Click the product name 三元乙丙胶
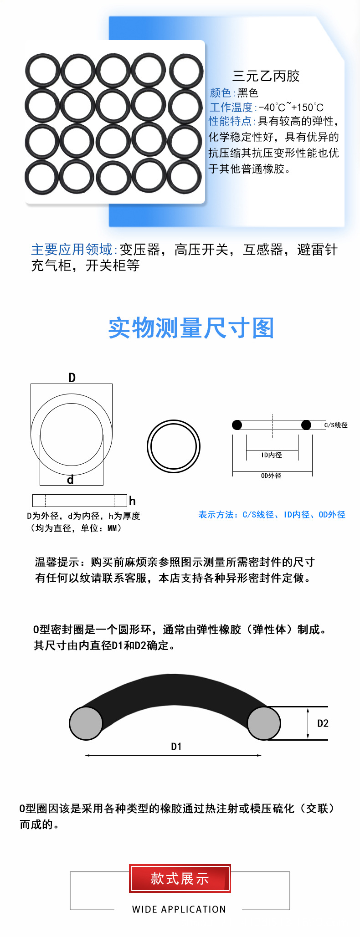click(266, 76)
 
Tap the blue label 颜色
click(221, 93)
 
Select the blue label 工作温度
click(231, 108)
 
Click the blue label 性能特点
click(230, 121)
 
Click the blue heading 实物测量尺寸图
click(191, 328)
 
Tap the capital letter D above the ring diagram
click(72, 378)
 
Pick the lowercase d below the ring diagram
click(70, 480)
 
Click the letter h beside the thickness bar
click(132, 501)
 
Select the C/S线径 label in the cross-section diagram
click(335, 425)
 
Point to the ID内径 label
click(272, 455)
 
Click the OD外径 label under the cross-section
click(271, 476)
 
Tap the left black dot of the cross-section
click(237, 425)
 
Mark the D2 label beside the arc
click(323, 723)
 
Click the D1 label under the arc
click(176, 747)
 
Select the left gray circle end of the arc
click(86, 723)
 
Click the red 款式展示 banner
click(180, 879)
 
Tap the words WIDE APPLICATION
click(179, 909)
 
